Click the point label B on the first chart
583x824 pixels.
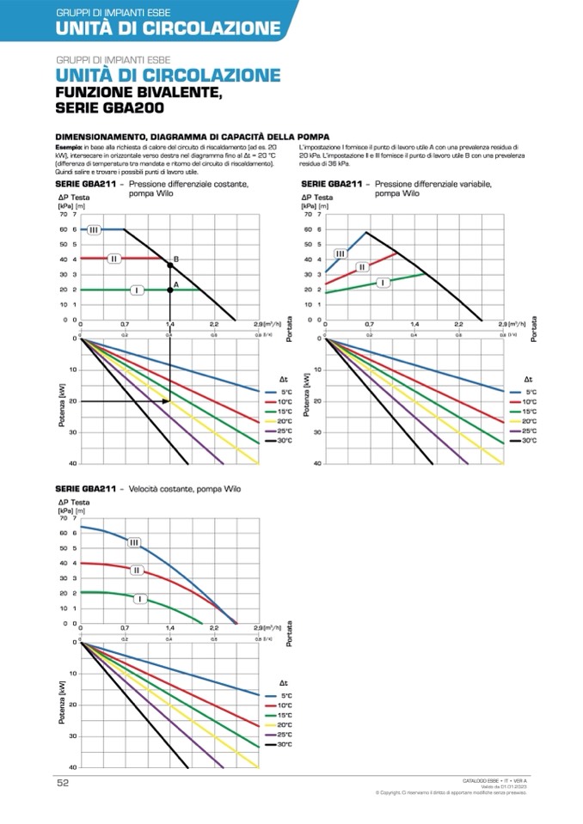(x=176, y=259)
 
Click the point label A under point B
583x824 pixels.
(x=176, y=284)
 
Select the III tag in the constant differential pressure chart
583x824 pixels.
(x=94, y=229)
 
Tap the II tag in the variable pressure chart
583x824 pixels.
(x=363, y=267)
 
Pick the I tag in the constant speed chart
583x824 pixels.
(x=138, y=598)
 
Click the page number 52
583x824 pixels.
(x=63, y=783)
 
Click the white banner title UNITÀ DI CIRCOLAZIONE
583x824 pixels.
(x=168, y=28)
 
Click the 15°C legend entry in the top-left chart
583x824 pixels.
(x=285, y=412)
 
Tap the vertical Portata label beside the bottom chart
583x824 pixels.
(x=290, y=633)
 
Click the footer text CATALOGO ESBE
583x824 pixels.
(x=482, y=779)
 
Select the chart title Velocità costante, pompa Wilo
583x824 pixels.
(x=185, y=489)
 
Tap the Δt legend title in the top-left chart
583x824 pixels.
(x=283, y=379)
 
